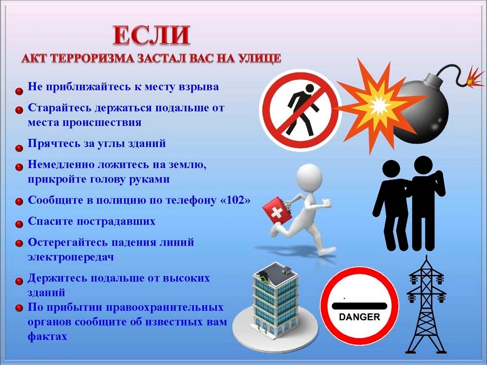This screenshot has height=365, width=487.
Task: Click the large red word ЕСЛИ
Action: coord(151,35)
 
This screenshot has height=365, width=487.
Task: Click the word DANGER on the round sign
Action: coord(359,317)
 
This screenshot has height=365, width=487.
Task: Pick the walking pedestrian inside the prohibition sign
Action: coord(301,110)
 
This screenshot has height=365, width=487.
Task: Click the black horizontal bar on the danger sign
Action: coord(359,306)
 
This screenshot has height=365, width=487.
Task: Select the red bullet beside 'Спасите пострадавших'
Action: coord(19,224)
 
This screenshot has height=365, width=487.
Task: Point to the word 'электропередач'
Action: coord(71,257)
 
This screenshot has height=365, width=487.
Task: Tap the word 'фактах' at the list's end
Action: coord(47,336)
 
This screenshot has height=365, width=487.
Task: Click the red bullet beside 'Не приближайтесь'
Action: coord(19,91)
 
